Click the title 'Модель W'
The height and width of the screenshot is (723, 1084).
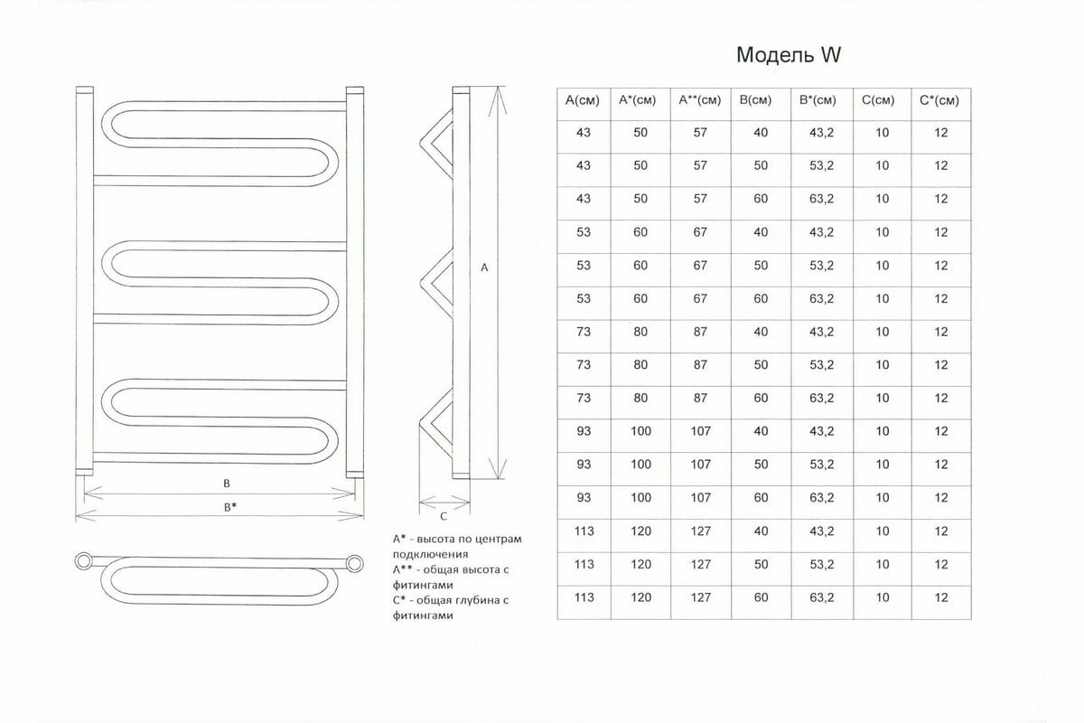click(789, 56)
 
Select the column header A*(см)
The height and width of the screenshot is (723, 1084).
click(640, 100)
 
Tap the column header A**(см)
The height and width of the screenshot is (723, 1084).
click(700, 100)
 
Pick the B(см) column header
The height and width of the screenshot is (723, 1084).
click(761, 100)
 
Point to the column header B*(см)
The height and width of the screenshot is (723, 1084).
click(822, 100)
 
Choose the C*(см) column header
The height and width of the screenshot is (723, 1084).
click(941, 100)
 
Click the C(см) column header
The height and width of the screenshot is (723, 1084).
click(882, 100)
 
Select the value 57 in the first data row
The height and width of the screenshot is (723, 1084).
click(700, 133)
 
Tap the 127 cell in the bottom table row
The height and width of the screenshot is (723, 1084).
click(700, 597)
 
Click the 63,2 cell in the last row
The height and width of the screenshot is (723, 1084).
click(822, 597)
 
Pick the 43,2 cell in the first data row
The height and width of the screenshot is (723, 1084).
click(822, 133)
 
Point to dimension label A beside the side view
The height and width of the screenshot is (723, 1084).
click(484, 268)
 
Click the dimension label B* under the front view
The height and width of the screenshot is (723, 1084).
click(230, 507)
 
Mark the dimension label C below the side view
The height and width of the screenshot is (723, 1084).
click(444, 517)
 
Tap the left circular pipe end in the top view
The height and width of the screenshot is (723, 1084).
click(84, 561)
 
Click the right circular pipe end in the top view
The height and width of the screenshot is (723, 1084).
click(356, 563)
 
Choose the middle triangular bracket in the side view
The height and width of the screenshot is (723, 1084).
click(437, 280)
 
